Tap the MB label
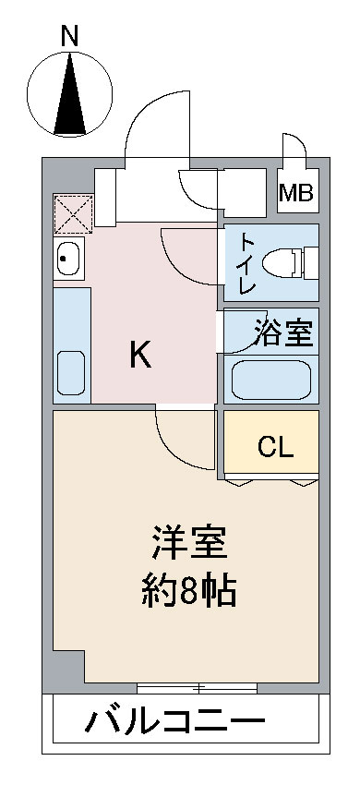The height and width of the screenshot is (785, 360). (x=296, y=193)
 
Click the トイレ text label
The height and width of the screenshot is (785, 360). (x=247, y=263)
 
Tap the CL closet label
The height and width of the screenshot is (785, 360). (x=274, y=448)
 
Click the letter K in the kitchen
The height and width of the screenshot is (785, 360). (x=139, y=355)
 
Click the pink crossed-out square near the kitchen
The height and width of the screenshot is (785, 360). (x=72, y=212)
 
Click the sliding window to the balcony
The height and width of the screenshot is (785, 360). (x=198, y=687)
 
